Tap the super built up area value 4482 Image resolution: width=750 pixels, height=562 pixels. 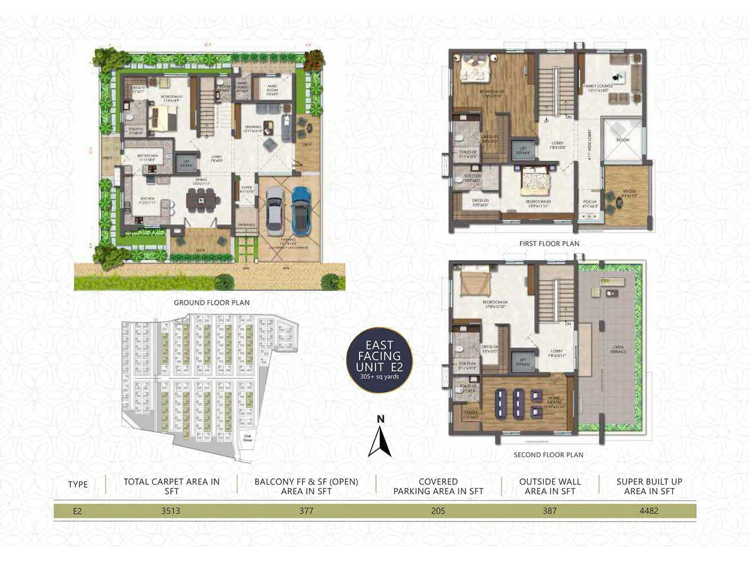pyautogui.click(x=649, y=511)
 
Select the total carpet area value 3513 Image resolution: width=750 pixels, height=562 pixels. pyautogui.click(x=171, y=511)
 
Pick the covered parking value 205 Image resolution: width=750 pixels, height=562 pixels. pyautogui.click(x=438, y=511)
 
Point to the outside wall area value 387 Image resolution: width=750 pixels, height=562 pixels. pyautogui.click(x=549, y=511)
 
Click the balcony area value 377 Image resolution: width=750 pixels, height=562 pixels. pyautogui.click(x=306, y=511)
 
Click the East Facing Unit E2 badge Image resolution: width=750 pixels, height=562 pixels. pyautogui.click(x=379, y=360)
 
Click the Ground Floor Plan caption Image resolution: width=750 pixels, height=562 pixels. pyautogui.click(x=211, y=303)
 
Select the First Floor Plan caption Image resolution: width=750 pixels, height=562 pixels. pyautogui.click(x=549, y=244)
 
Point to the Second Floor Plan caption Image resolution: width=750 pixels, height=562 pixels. pyautogui.click(x=548, y=455)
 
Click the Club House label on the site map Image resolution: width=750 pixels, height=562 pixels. pyautogui.click(x=247, y=438)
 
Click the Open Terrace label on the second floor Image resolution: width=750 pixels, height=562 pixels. pyautogui.click(x=618, y=349)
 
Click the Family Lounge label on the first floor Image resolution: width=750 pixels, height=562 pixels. pyautogui.click(x=599, y=88)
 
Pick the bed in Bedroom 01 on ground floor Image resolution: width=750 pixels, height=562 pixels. pyautogui.click(x=163, y=118)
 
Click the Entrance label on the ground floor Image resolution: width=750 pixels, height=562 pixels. pyautogui.click(x=246, y=225)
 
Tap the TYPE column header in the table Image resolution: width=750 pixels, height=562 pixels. pyautogui.click(x=78, y=485)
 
